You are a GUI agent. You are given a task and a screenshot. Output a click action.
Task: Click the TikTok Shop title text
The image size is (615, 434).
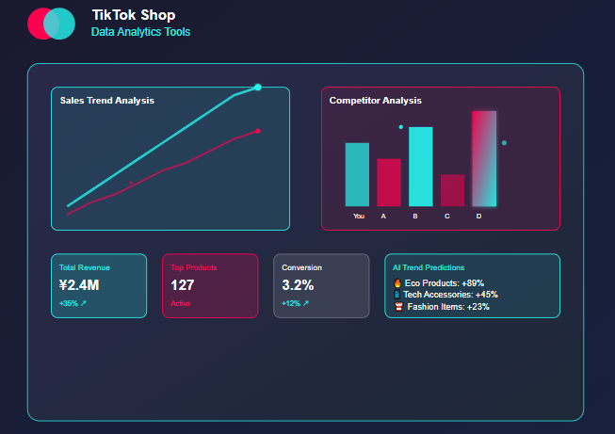click(133, 15)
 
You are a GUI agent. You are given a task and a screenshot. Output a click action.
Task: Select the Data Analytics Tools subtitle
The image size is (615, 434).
click(140, 32)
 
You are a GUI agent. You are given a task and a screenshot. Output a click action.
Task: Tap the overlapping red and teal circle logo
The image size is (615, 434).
click(51, 24)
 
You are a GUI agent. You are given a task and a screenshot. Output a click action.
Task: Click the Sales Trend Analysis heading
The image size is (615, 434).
click(106, 100)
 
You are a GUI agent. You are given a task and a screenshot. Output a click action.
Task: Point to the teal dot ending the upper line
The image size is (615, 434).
click(258, 88)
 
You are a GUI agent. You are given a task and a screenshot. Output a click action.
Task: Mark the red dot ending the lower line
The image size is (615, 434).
click(258, 131)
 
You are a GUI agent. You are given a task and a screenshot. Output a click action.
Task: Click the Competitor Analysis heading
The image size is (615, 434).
click(375, 100)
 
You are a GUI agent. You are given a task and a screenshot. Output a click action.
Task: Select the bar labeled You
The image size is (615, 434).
click(357, 174)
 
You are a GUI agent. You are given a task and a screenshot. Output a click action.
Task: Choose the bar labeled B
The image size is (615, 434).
click(420, 166)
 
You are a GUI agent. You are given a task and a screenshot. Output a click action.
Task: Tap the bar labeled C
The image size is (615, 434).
click(452, 189)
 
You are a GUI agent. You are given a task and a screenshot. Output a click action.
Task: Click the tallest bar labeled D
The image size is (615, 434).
click(484, 158)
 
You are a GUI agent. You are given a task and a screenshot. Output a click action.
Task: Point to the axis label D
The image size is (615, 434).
click(478, 217)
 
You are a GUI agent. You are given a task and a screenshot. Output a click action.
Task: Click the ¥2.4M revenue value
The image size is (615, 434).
click(79, 285)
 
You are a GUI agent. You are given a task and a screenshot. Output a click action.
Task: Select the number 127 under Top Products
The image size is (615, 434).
click(183, 285)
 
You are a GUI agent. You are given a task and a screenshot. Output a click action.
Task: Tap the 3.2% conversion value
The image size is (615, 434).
click(298, 285)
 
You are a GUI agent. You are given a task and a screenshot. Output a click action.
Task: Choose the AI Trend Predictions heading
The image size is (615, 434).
click(429, 267)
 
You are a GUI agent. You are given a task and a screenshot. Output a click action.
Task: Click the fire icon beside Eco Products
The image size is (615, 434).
click(397, 282)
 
